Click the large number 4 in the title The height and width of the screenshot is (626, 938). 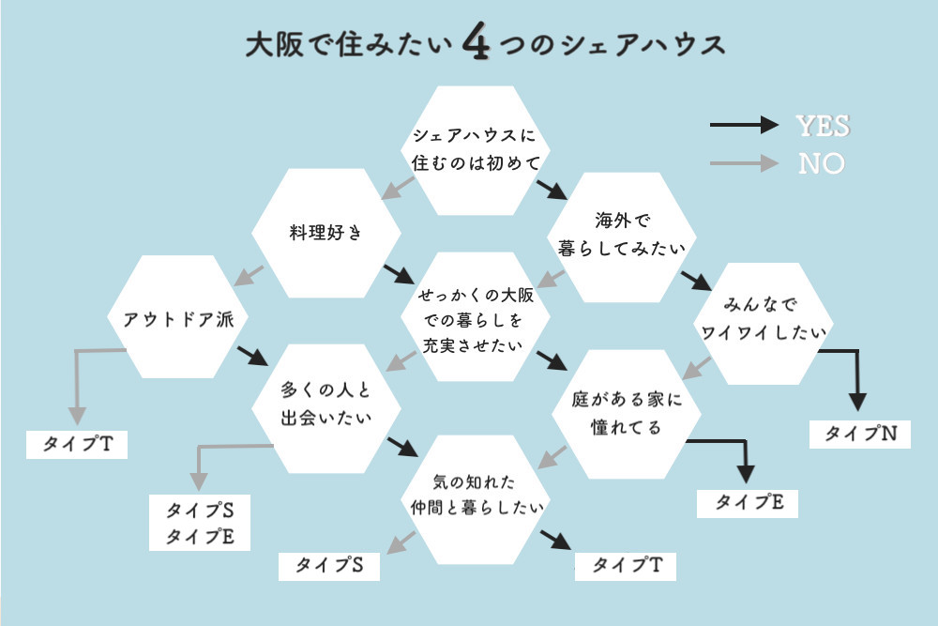click(477, 45)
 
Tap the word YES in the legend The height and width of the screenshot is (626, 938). click(823, 126)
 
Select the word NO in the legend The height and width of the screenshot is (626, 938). click(822, 164)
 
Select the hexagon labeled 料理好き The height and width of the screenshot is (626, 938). click(325, 234)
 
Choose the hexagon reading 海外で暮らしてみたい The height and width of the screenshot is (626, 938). click(622, 234)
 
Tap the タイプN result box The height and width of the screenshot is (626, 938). click(860, 434)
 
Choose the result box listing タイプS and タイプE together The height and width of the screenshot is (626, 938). click(200, 523)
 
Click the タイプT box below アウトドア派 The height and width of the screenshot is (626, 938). click(77, 444)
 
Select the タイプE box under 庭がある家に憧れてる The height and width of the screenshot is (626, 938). click(749, 502)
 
